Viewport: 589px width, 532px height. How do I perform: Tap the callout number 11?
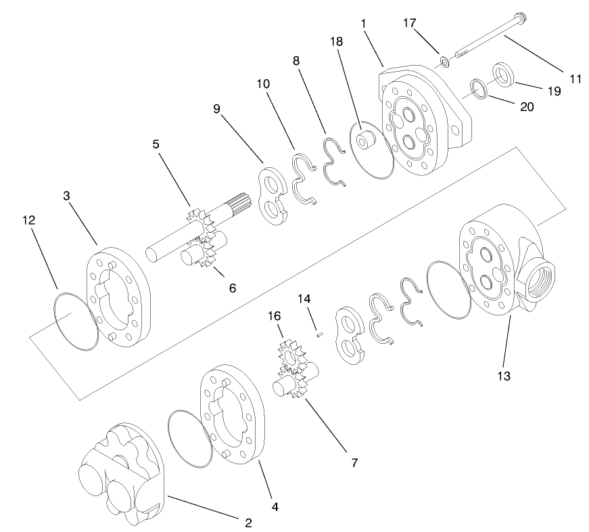(575, 79)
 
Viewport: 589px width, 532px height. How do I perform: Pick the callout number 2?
(248, 523)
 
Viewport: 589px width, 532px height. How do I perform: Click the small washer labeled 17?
(444, 63)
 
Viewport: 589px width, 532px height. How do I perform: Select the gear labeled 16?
(291, 355)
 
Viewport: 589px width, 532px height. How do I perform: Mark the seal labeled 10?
(304, 178)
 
